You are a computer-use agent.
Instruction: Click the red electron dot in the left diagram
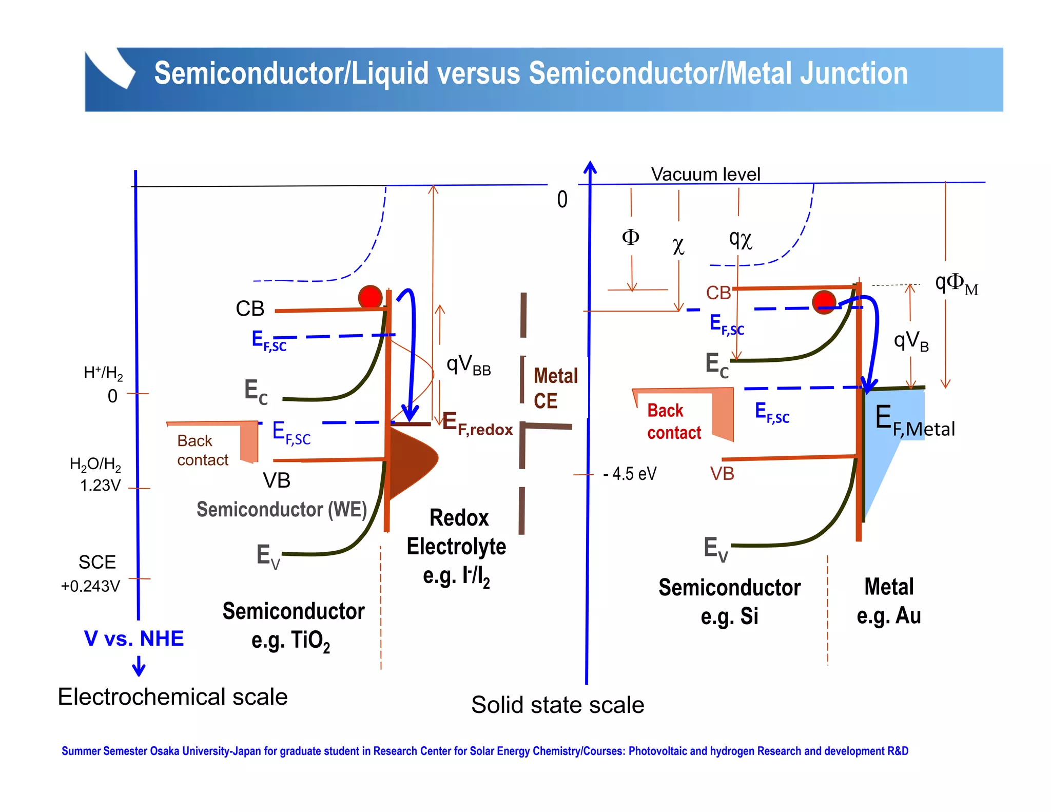(370, 297)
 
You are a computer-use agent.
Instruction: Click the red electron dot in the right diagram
(824, 302)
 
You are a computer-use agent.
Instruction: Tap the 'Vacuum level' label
(705, 175)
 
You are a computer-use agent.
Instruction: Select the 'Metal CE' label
(555, 388)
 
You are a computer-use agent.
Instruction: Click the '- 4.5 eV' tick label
(630, 473)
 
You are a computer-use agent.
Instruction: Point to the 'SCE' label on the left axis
(97, 563)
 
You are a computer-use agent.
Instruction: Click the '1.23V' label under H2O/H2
(101, 485)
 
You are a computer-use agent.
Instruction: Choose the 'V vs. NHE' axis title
(134, 639)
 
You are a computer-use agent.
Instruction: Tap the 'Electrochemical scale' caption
(172, 697)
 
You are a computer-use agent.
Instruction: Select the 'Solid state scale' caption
(557, 705)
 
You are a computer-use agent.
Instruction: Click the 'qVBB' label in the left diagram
(468, 365)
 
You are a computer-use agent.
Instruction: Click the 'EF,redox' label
(477, 424)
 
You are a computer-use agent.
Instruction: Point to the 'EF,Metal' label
(914, 422)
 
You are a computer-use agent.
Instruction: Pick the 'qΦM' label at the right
(956, 283)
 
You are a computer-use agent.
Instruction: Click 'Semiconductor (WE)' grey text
(282, 510)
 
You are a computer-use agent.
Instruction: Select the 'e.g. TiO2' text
(290, 641)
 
